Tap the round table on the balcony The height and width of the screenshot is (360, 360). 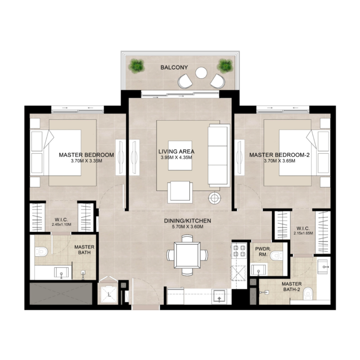201,72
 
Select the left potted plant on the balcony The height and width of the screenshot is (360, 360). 136,66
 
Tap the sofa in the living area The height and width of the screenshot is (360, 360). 218,156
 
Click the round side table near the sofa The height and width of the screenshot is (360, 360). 215,197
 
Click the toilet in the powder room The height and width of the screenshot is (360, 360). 276,256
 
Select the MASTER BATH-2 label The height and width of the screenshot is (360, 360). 292,287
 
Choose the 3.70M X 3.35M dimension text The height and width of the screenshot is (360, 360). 86,161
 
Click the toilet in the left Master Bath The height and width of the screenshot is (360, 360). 41,252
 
